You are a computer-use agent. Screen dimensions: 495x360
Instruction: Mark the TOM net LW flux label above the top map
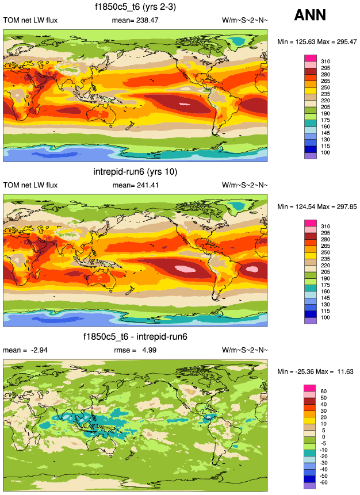[x=30, y=21]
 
